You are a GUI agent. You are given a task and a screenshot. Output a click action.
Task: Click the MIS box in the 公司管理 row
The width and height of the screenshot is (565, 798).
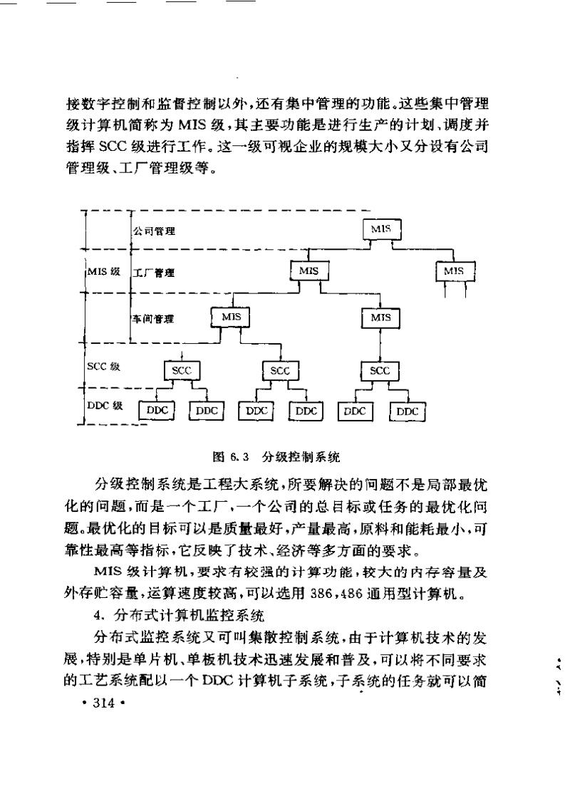click(382, 229)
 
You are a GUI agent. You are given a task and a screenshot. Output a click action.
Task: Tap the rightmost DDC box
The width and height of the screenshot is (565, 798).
click(408, 411)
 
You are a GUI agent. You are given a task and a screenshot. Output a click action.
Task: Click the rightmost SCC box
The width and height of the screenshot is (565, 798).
click(380, 370)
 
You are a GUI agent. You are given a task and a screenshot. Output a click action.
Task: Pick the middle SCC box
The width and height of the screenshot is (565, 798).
click(280, 370)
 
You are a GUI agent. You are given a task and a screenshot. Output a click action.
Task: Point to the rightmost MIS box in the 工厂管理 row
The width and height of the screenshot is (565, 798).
click(454, 271)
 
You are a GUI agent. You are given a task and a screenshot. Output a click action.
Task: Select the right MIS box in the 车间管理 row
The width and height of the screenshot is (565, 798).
click(380, 317)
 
